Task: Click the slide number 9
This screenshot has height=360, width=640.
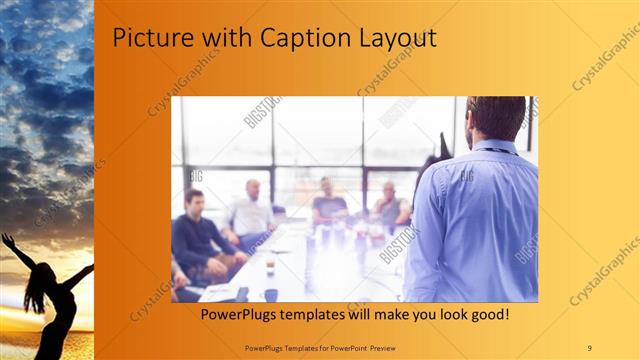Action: click(x=589, y=347)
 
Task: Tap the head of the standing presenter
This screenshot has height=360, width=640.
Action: click(x=495, y=118)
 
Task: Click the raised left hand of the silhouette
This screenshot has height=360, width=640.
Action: click(x=8, y=241)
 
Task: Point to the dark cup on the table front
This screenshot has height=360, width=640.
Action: click(x=271, y=295)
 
